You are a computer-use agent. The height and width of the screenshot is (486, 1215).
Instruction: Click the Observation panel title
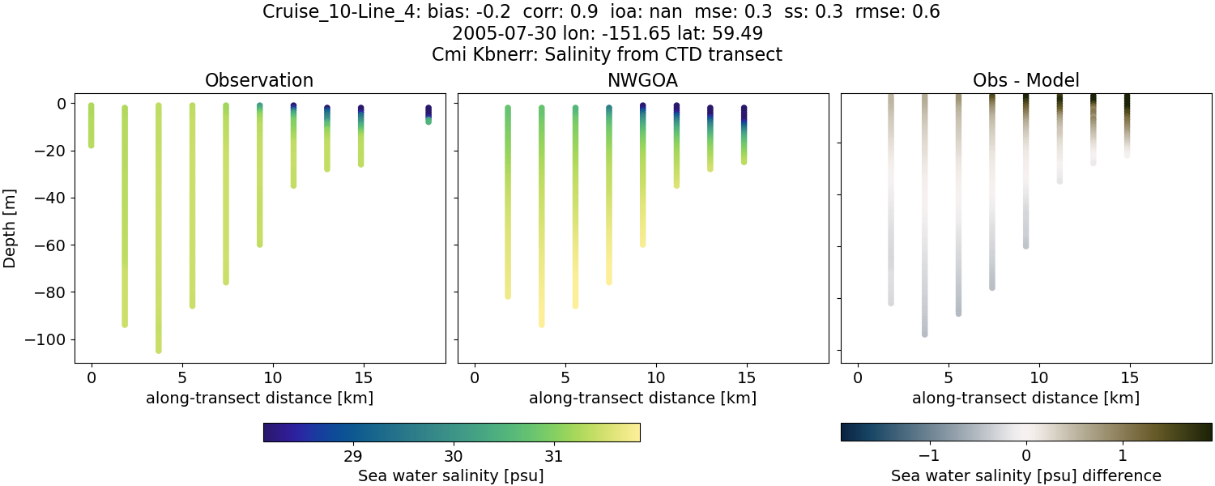click(x=259, y=80)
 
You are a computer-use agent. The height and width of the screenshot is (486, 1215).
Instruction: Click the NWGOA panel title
click(x=642, y=80)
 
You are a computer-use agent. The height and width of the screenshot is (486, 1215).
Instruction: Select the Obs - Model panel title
click(x=1025, y=80)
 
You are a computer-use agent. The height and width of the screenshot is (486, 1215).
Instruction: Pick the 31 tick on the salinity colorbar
click(x=554, y=457)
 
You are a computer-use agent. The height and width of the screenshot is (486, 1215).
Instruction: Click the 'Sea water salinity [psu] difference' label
click(x=1025, y=475)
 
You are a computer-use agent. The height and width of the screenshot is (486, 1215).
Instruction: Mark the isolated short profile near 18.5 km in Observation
click(x=428, y=114)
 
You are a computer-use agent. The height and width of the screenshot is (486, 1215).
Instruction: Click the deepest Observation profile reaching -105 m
click(x=159, y=243)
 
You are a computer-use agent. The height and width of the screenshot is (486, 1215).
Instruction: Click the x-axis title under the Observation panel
click(x=259, y=398)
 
